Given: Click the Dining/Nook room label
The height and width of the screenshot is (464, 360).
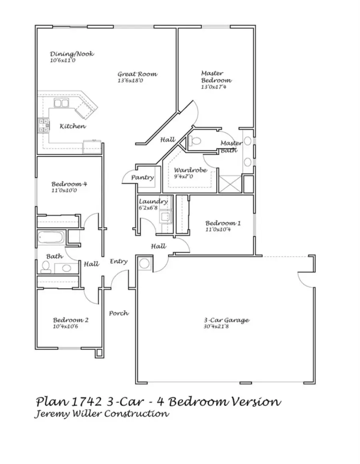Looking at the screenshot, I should click(x=72, y=54).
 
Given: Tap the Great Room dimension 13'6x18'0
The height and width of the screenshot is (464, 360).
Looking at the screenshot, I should click(x=130, y=81).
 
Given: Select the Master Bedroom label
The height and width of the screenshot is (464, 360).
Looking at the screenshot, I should click(x=216, y=76).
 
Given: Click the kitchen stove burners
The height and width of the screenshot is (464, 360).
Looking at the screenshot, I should click(x=43, y=125).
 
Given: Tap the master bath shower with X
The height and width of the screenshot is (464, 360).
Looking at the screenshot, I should click(x=230, y=185).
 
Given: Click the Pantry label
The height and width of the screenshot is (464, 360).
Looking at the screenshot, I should click(x=143, y=177).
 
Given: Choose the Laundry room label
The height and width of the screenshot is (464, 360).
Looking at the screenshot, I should click(x=153, y=201).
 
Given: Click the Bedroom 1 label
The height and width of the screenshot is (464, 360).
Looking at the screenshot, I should click(x=223, y=223).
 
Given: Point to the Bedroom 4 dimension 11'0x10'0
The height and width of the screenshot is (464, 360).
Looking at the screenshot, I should click(x=64, y=191).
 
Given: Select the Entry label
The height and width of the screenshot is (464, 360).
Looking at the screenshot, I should click(x=119, y=261).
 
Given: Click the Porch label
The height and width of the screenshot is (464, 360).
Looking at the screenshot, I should click(x=119, y=313).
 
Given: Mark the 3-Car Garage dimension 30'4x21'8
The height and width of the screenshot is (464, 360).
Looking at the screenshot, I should click(x=221, y=327).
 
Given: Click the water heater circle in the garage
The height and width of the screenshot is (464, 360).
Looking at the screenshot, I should click(x=144, y=263).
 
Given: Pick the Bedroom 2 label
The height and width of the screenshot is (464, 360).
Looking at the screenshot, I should click(x=71, y=320).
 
